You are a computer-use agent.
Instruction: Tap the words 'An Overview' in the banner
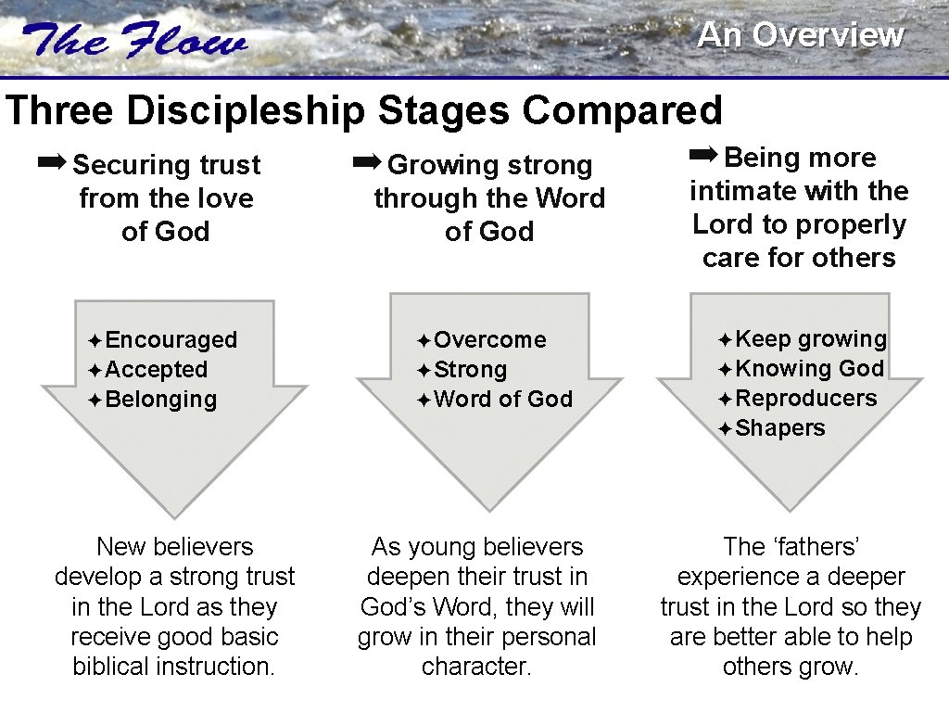coord(800,35)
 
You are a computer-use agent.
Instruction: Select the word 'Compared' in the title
coord(621,110)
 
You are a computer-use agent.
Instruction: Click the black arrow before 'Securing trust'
coord(52,163)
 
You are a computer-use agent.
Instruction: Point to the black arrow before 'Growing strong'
coord(367,163)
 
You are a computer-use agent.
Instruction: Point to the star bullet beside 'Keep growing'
coord(725,340)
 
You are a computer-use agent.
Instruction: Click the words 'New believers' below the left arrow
coord(174,547)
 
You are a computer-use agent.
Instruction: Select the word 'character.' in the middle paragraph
coord(476,667)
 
